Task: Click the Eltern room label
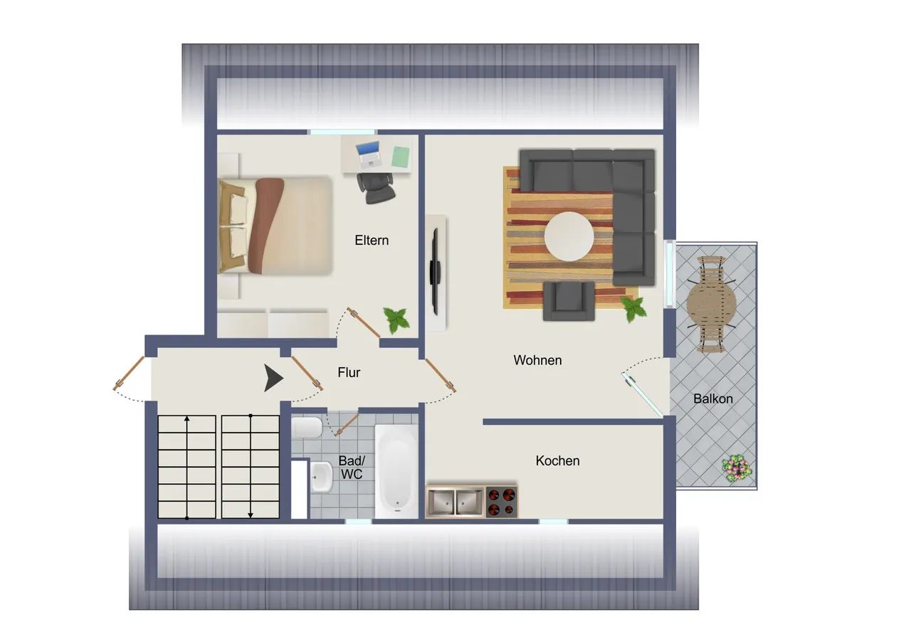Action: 372,241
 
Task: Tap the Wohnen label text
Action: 537,360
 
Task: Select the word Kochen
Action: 557,460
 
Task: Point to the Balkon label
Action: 713,398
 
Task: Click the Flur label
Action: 349,372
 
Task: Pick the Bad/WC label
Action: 352,467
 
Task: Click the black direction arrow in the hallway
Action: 273,378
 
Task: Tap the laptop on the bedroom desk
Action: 369,154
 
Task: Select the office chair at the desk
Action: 375,187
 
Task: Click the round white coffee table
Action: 569,236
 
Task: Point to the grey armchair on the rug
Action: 569,301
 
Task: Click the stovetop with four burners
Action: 502,502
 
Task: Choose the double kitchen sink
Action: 455,502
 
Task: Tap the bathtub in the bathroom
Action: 396,471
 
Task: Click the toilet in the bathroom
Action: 307,427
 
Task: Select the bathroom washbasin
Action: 321,477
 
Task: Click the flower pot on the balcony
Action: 737,469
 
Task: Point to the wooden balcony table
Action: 711,304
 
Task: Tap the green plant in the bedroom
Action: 396,320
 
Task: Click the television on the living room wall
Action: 435,272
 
